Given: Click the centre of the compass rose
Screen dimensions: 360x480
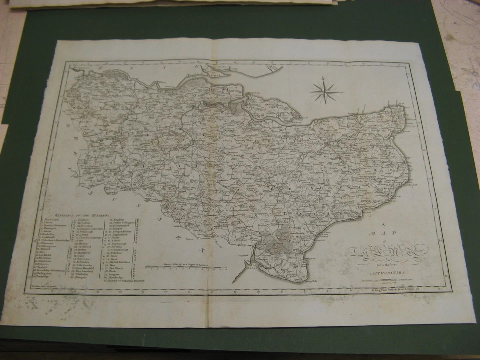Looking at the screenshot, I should [x=324, y=91].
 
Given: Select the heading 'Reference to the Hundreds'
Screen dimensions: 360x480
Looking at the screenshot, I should [x=75, y=214].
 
